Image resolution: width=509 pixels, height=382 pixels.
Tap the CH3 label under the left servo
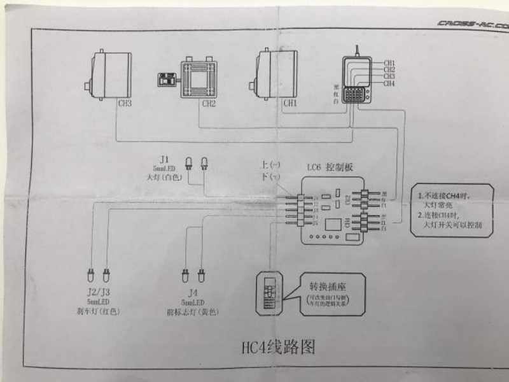pos(125,103)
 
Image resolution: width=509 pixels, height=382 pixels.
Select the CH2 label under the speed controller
pos(209,103)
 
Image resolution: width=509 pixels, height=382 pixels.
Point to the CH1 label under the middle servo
pos(289,103)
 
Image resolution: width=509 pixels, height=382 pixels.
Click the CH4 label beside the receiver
pos(389,83)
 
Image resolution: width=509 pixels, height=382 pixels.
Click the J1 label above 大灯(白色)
pos(164,158)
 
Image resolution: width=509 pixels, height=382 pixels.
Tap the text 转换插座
pos(328,286)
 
